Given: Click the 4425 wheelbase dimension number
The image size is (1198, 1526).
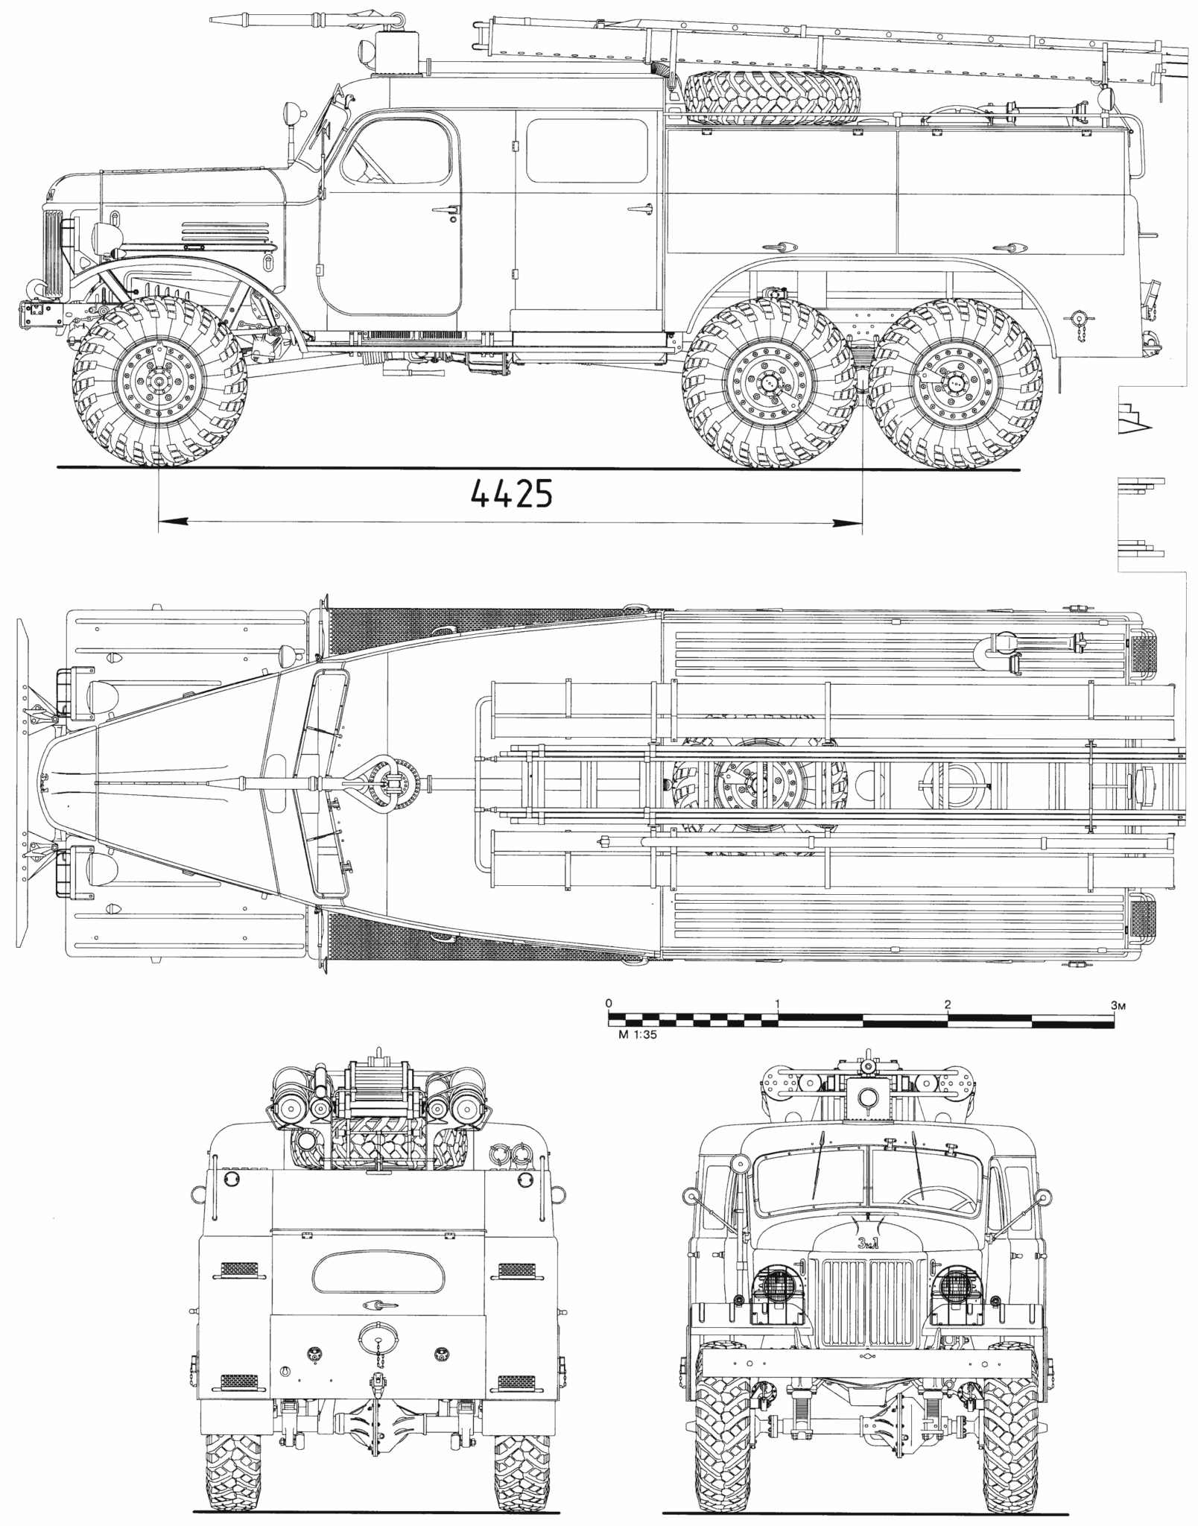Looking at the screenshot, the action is point(512,493).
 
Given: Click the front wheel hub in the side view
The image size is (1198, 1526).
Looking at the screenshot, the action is point(159,381).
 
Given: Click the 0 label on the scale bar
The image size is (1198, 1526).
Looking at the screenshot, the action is point(609,1004).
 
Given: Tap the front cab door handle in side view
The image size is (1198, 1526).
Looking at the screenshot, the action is point(446,212).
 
